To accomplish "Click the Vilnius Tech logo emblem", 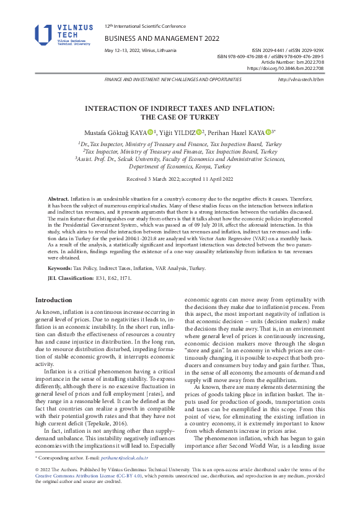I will point(44,35).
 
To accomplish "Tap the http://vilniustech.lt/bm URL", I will point(301,80).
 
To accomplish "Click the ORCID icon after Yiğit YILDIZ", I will point(199,132).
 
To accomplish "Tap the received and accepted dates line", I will point(180,178).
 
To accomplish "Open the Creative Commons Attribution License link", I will point(72,492).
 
